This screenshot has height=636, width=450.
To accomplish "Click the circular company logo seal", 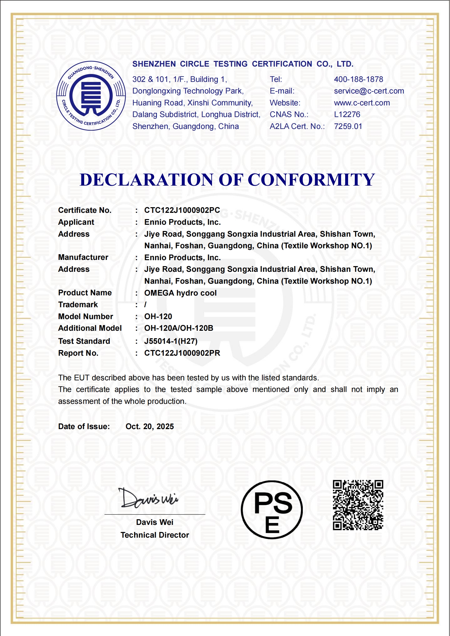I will pyautogui.click(x=91, y=96).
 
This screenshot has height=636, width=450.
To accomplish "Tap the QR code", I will pyautogui.click(x=358, y=505).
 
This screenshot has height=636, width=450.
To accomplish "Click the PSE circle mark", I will pyautogui.click(x=271, y=510).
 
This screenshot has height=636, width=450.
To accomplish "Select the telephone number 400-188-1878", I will pyautogui.click(x=358, y=79).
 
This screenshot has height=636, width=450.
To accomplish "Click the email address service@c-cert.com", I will pyautogui.click(x=369, y=91).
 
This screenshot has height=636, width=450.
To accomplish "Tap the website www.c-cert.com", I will pyautogui.click(x=362, y=103).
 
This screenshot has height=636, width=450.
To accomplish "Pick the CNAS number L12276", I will pyautogui.click(x=347, y=115).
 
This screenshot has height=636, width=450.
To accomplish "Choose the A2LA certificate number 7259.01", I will pyautogui.click(x=348, y=126).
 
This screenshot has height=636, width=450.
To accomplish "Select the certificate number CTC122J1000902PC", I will pyautogui.click(x=182, y=210).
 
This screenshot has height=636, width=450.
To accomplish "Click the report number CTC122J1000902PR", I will pyautogui.click(x=182, y=353).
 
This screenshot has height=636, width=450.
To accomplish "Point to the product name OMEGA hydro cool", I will pyautogui.click(x=180, y=293).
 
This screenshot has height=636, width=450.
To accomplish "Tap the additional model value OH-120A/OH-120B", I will pyautogui.click(x=179, y=328).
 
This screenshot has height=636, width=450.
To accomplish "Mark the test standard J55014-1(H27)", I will pyautogui.click(x=171, y=341).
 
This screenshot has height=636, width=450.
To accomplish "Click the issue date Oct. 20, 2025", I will pyautogui.click(x=150, y=427).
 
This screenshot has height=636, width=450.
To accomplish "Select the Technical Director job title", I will pyautogui.click(x=155, y=535).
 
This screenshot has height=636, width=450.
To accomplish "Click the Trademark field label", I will pyautogui.click(x=78, y=305).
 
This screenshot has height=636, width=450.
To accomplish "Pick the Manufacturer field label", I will pyautogui.click(x=83, y=257).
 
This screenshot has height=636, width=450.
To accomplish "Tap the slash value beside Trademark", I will pyautogui.click(x=145, y=305).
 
